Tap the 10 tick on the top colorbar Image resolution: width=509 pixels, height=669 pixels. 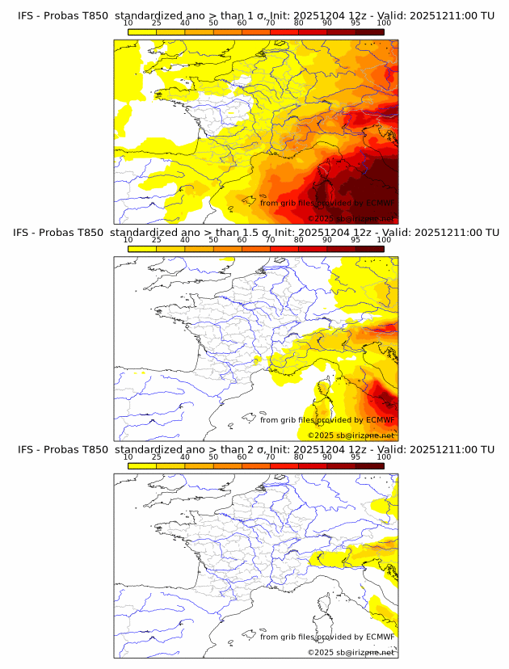128,23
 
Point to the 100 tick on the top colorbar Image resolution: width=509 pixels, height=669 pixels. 384,23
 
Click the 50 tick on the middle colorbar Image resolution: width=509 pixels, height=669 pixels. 213,240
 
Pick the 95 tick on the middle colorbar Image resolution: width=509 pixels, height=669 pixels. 355,240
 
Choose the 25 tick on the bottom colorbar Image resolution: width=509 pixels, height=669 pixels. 157,457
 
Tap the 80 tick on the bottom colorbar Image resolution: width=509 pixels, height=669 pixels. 299,457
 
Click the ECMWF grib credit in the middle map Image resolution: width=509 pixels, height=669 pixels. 327,420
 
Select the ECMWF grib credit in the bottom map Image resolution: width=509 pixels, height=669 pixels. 327,637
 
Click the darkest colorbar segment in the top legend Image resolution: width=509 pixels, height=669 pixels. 369,32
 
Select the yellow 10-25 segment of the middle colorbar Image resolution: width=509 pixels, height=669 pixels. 142,249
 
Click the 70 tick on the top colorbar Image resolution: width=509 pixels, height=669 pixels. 271,23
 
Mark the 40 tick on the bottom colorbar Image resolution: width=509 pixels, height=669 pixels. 185,457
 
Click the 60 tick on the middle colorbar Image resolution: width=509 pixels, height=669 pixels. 242,240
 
